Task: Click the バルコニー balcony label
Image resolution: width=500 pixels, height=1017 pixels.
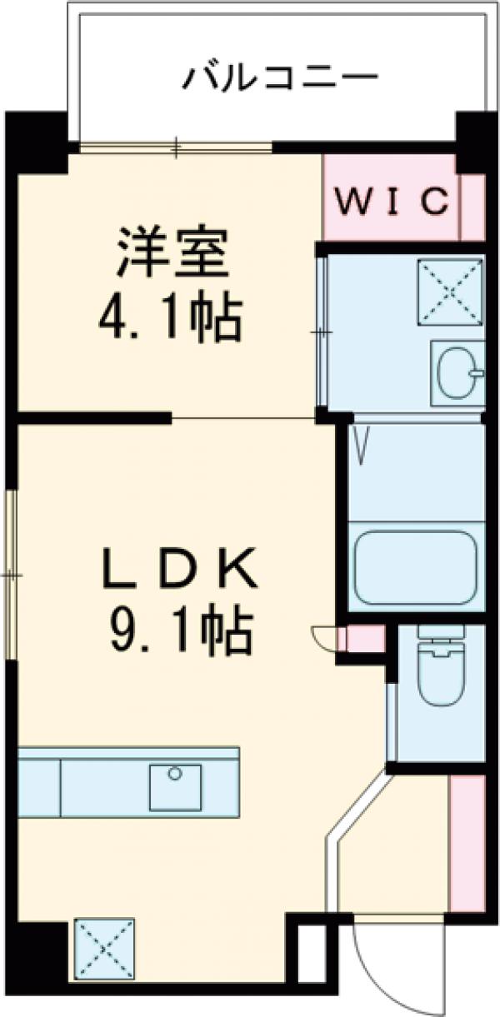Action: pos(282,78)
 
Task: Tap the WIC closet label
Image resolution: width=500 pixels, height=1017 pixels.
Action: pos(392,201)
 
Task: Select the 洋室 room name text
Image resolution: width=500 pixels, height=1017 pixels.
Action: pos(173,257)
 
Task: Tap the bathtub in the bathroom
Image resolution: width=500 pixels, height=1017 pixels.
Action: pos(414,567)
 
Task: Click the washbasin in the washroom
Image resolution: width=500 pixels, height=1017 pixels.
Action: pos(456,371)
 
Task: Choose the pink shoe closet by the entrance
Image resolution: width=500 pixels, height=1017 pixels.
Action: pos(467,841)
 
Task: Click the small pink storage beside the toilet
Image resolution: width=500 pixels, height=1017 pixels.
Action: pos(364,641)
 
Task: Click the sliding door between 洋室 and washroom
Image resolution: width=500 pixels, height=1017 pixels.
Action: pos(322,333)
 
